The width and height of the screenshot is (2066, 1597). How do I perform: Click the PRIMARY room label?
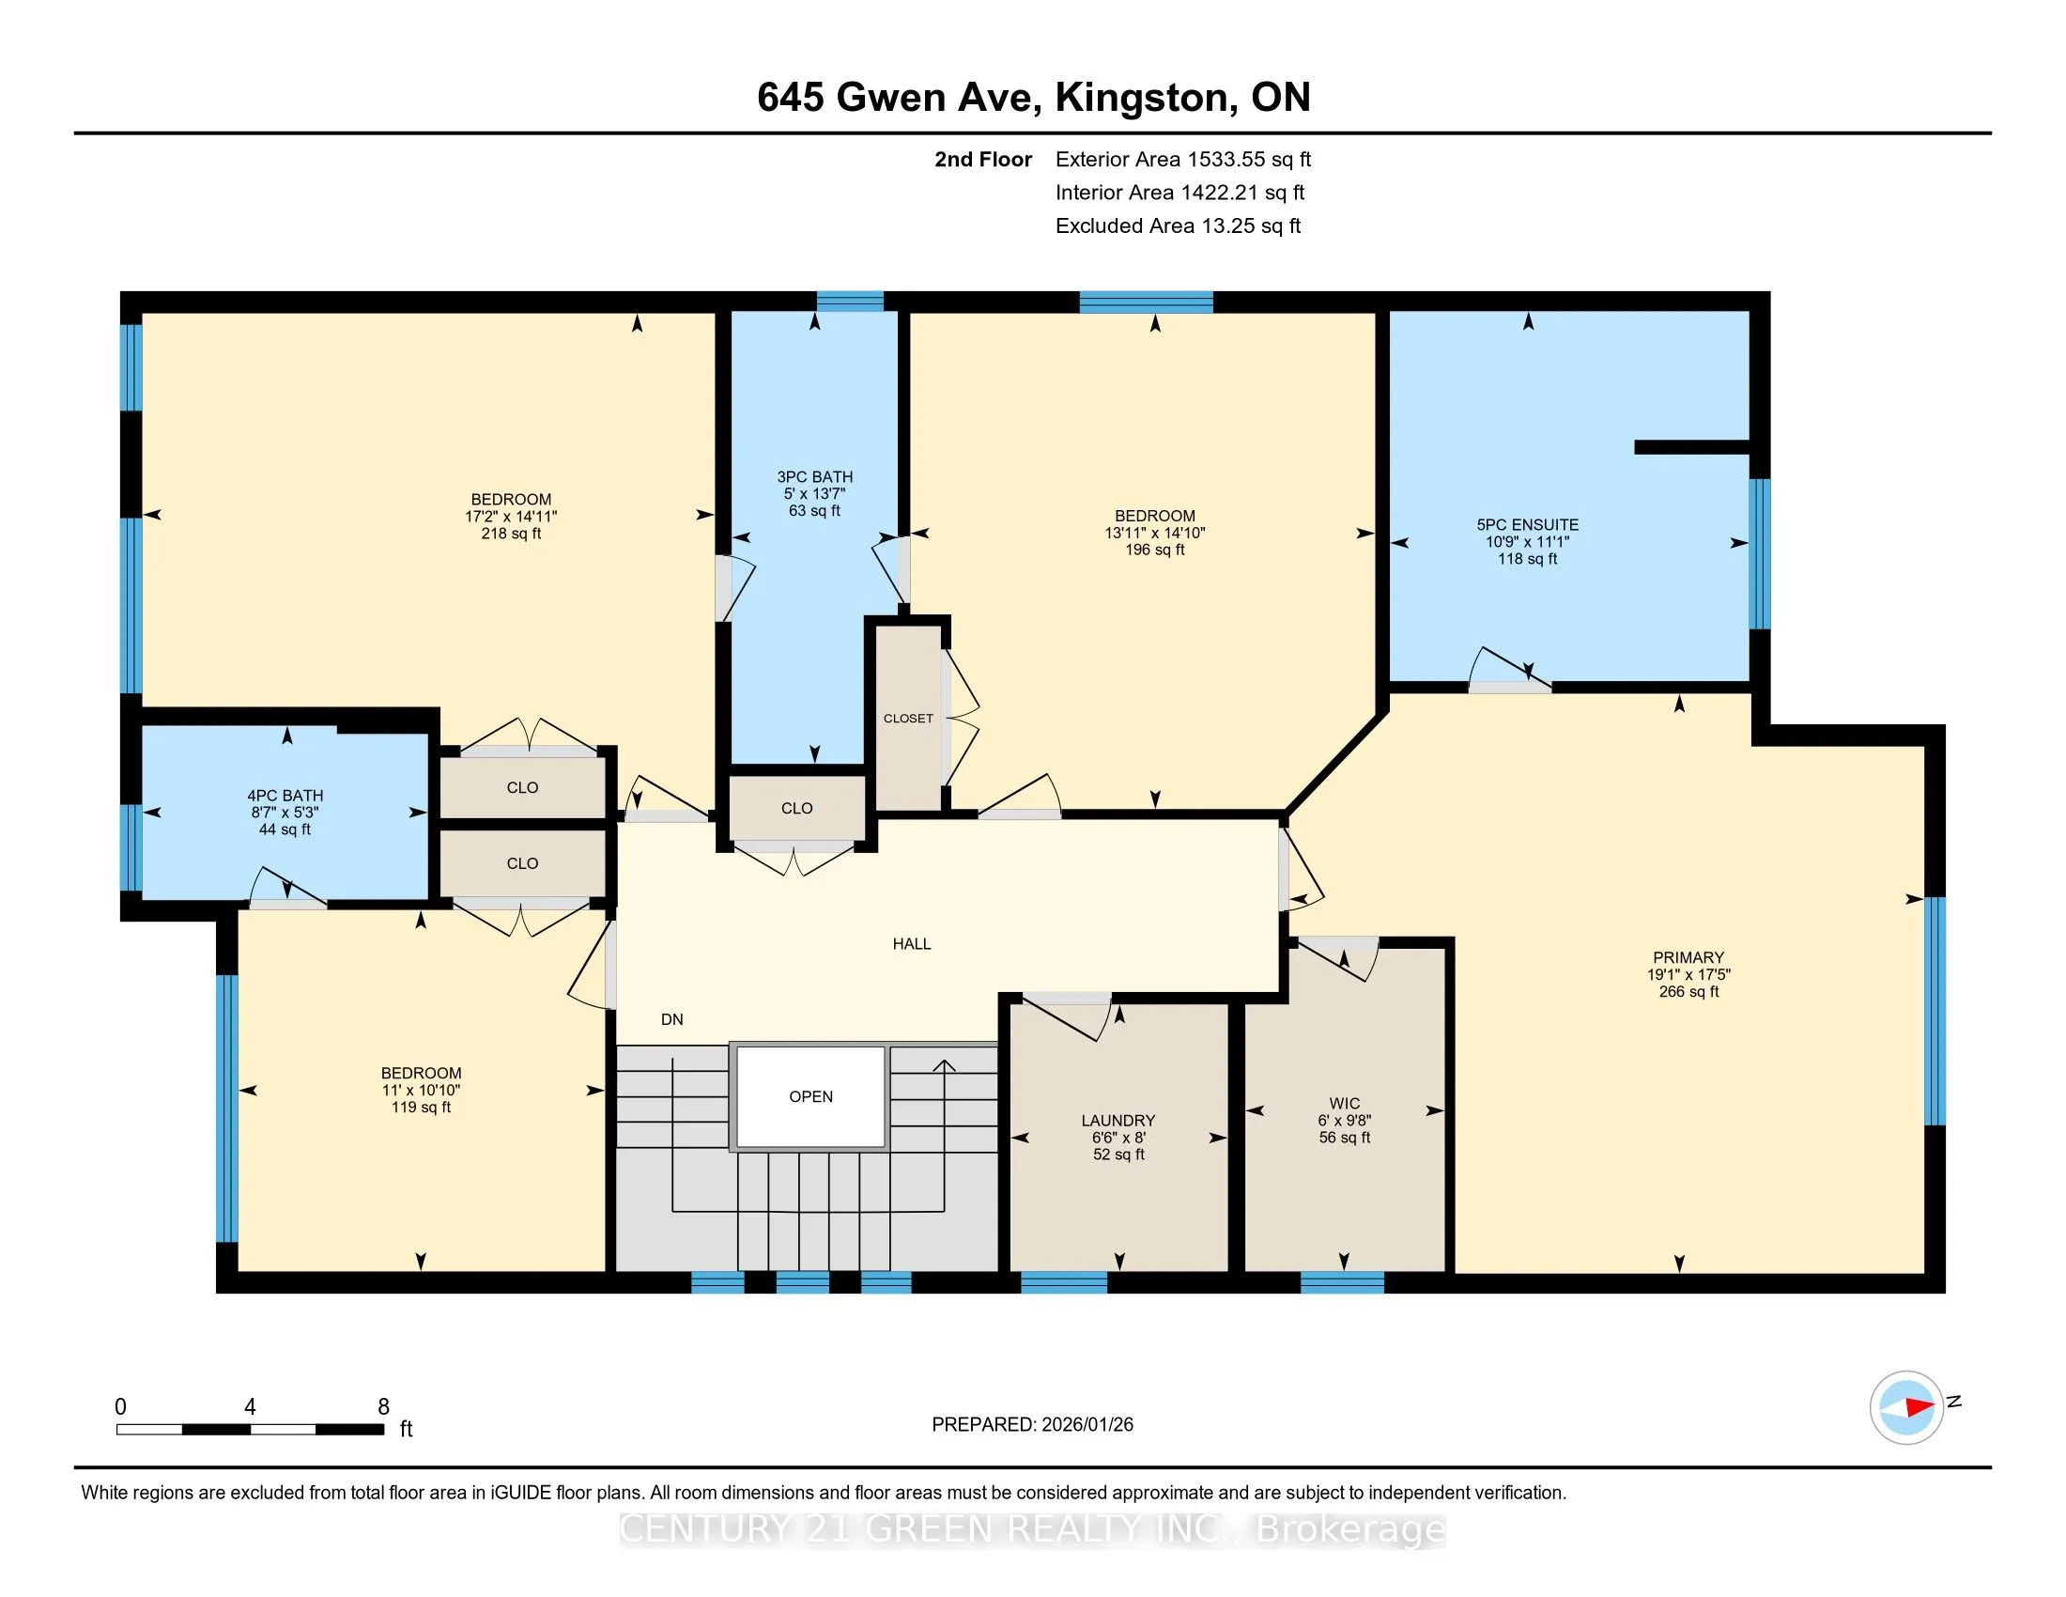point(1688,957)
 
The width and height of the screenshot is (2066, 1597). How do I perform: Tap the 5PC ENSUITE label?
point(1527,524)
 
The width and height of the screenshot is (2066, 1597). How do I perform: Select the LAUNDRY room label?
point(1118,1120)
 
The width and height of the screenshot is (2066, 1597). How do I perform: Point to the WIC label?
point(1344,1103)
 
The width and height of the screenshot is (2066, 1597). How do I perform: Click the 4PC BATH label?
point(285,796)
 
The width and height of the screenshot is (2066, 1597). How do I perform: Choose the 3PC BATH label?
point(814,477)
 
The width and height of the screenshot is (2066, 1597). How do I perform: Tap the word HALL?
point(912,943)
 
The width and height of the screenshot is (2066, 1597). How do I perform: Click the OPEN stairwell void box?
point(810,1097)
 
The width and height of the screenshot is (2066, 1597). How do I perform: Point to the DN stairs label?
point(671,1019)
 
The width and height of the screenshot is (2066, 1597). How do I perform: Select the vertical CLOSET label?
point(908,718)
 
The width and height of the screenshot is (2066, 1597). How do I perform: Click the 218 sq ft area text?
point(511,534)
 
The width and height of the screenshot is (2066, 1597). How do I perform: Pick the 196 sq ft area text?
point(1154,550)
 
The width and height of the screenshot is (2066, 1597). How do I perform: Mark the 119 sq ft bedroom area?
point(421,1107)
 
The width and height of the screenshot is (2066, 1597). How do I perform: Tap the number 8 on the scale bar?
point(383,1407)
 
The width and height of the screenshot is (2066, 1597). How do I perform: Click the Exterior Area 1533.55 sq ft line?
point(1183,159)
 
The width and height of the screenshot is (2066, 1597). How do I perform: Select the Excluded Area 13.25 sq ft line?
point(1178,225)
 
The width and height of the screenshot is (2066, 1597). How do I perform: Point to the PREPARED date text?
point(1032,1425)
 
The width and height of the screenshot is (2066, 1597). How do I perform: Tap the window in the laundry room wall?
point(1063,1283)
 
